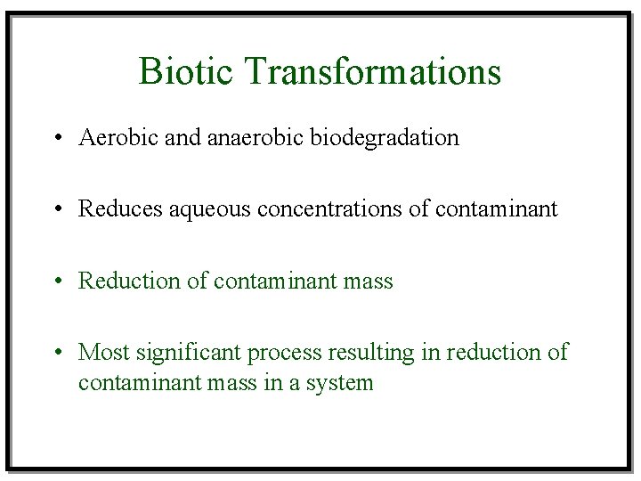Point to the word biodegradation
pyautogui.click(x=385, y=138)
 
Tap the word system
pyautogui.click(x=342, y=384)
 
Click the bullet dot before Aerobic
pyautogui.click(x=57, y=139)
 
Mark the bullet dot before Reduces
pyautogui.click(x=57, y=210)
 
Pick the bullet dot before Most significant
pyautogui.click(x=57, y=353)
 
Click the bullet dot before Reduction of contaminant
pyautogui.click(x=57, y=281)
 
